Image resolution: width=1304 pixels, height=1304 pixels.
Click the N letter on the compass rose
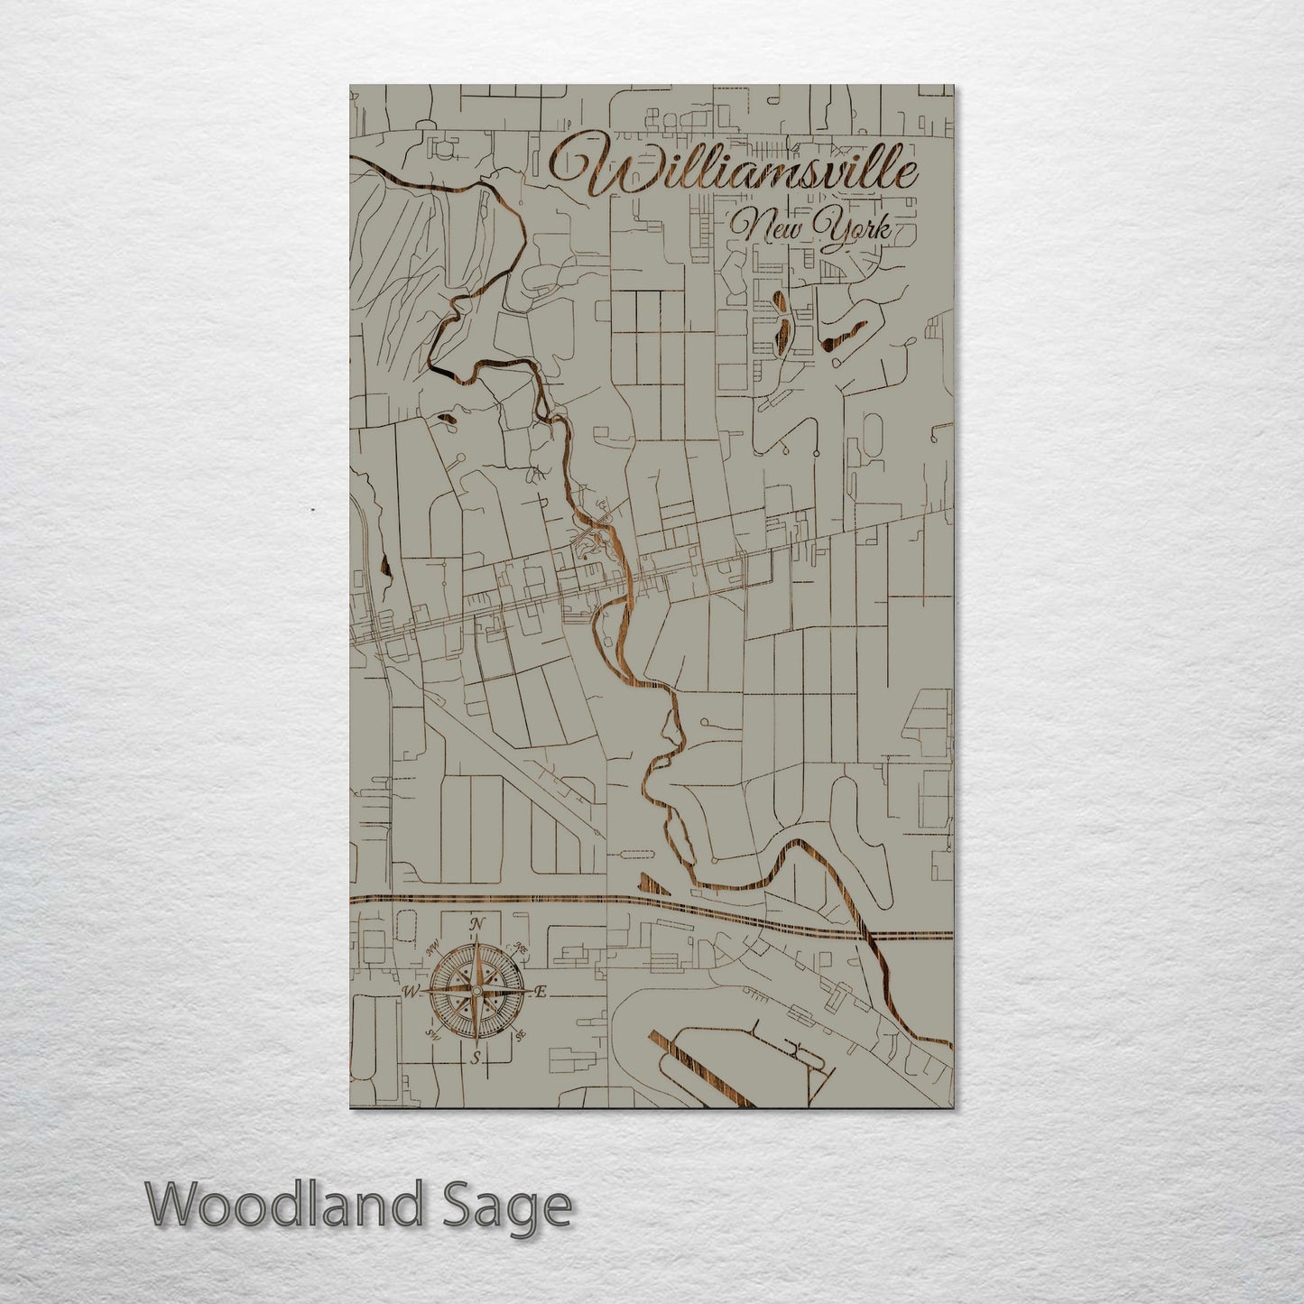477,924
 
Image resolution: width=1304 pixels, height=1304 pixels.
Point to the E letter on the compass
541,992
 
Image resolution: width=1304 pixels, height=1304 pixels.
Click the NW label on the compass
432,946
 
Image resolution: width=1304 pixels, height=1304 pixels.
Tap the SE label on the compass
521,1037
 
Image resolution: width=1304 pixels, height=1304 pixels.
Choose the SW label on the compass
432,1037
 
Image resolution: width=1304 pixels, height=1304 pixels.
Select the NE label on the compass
521,948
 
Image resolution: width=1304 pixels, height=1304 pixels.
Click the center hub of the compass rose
476,992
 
